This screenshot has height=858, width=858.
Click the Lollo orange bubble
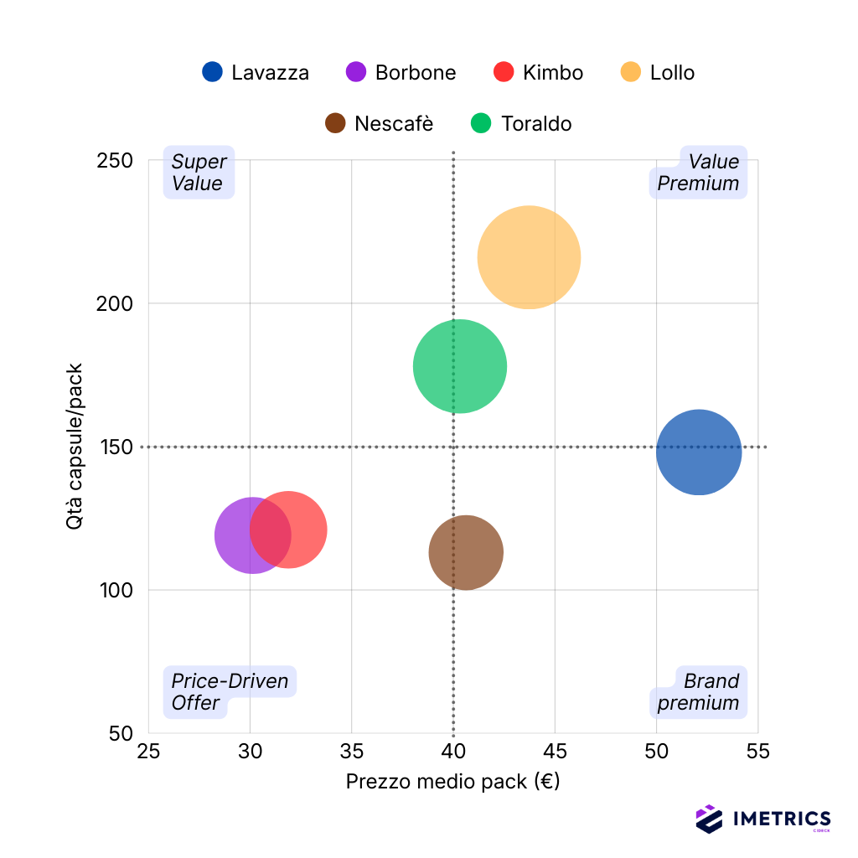529,257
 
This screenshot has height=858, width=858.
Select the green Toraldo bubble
460,366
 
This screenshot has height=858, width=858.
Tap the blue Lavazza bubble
699,452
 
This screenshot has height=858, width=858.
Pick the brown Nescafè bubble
466,552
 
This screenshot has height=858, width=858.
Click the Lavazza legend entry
256,73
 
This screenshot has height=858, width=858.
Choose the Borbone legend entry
401,73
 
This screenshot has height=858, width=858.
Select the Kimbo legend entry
538,73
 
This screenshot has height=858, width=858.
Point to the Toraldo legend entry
520,124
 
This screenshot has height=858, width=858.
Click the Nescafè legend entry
379,124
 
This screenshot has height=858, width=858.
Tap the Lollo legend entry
658,73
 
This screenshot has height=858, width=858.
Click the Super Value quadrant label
199,173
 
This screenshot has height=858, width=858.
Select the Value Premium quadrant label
698,173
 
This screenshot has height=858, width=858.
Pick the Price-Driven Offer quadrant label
230,692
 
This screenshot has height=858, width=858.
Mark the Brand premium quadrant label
698,692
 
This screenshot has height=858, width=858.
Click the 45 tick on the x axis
555,752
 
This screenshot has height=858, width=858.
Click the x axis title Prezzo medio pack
452,782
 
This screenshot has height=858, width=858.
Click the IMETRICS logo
763,819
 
